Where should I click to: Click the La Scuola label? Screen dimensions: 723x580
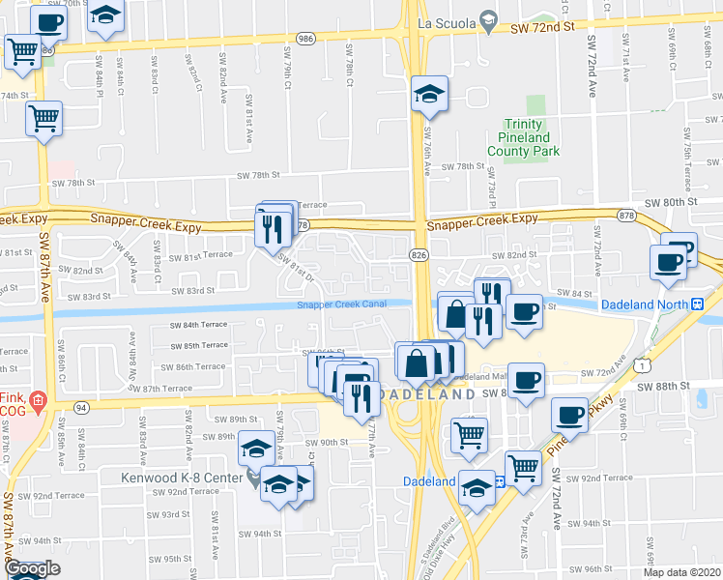point(445,21)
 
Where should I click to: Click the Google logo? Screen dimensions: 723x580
point(32,569)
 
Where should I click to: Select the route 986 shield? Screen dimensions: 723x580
point(306,38)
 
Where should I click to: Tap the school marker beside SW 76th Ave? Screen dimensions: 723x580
point(429,95)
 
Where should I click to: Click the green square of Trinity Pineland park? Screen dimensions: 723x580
point(536,105)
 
